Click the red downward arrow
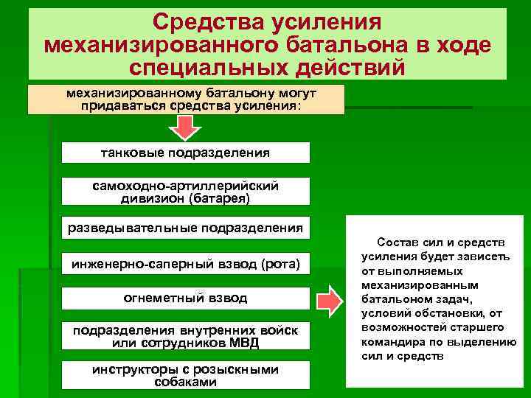click(x=186, y=128)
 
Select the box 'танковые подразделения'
click(x=185, y=153)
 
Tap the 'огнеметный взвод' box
click(x=185, y=298)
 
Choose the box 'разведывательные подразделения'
click(x=185, y=228)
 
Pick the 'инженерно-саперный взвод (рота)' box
click(x=185, y=263)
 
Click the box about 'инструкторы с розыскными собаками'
click(x=185, y=375)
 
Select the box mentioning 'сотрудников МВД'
click(x=185, y=337)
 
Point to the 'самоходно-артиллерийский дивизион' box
click(x=185, y=191)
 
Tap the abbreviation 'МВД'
click(x=243, y=343)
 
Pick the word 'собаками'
click(x=185, y=382)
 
